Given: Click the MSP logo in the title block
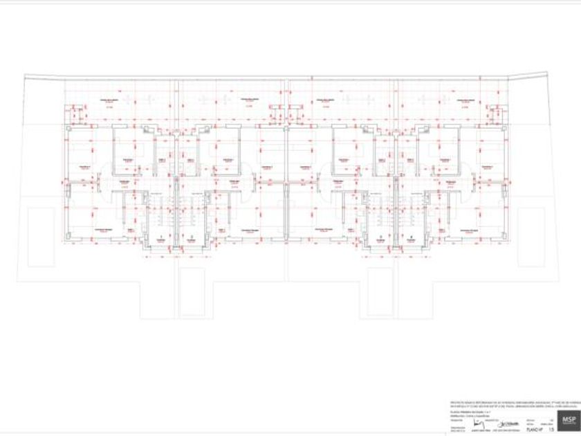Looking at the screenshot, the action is [569, 420].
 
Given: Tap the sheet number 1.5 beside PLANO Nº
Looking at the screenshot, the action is [551, 430].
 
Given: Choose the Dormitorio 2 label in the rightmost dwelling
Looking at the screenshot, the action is [488, 167].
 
